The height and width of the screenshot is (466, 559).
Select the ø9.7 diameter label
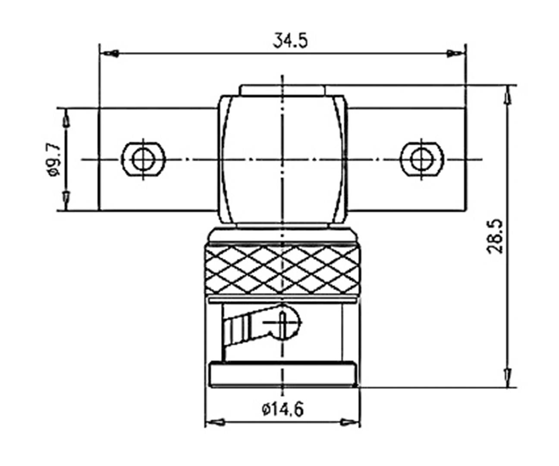(56, 160)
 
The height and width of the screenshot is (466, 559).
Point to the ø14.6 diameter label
(283, 408)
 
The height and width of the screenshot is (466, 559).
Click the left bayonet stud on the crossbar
(144, 160)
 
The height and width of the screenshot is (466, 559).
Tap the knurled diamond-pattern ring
(283, 270)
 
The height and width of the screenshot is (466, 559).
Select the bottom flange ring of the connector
(283, 376)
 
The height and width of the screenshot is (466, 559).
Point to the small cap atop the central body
(283, 90)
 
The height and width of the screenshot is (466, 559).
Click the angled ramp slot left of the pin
(244, 328)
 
